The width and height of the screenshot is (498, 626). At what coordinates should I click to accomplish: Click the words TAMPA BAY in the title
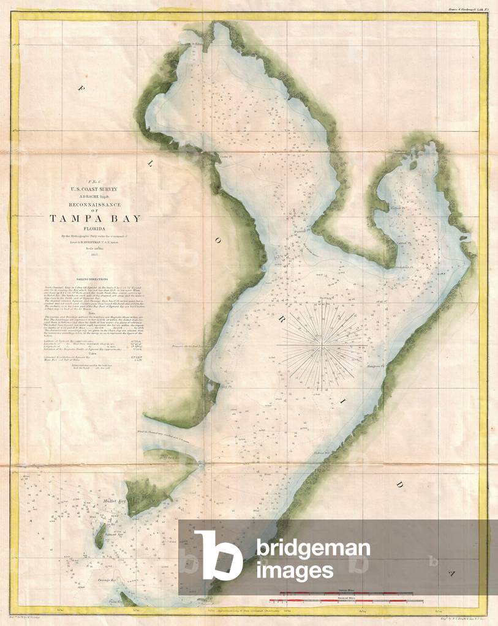(95, 218)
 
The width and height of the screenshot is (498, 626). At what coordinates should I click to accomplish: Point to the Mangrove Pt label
(374, 351)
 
